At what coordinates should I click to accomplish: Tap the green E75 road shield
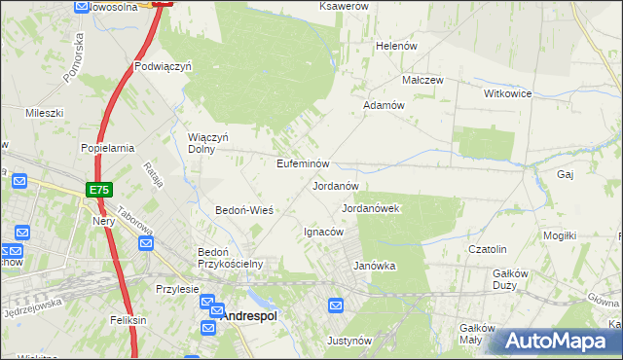click(x=97, y=190)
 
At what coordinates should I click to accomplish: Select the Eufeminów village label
click(x=305, y=163)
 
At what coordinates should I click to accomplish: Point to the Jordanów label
click(x=336, y=185)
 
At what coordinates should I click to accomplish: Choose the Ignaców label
click(x=323, y=232)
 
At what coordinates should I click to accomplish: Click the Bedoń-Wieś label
click(x=243, y=210)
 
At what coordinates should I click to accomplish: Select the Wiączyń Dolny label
click(x=207, y=144)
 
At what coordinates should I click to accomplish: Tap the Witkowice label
click(x=507, y=93)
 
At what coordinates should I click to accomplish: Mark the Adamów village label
click(x=383, y=104)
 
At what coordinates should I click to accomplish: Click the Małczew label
click(x=423, y=80)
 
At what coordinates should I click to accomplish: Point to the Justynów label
click(x=349, y=341)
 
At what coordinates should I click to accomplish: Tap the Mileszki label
click(x=44, y=113)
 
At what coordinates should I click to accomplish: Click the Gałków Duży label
click(x=511, y=279)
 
